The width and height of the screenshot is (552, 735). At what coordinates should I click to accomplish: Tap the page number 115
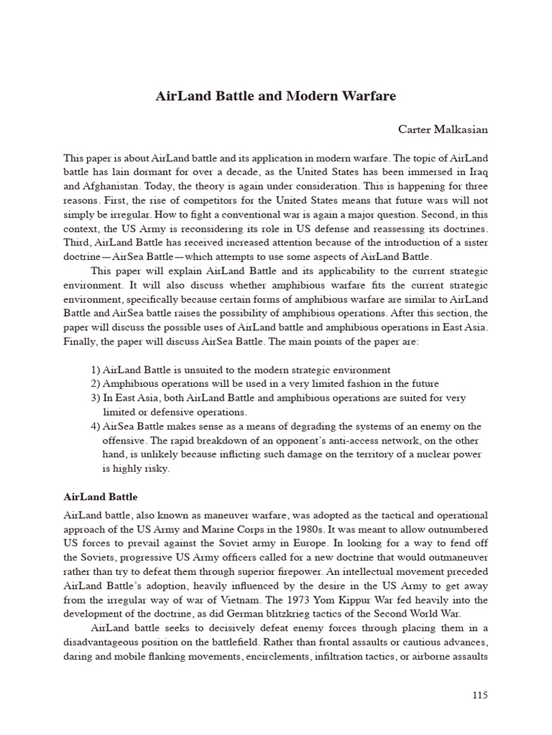pyautogui.click(x=481, y=694)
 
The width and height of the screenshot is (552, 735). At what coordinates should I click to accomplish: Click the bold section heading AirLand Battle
pyautogui.click(x=101, y=497)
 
